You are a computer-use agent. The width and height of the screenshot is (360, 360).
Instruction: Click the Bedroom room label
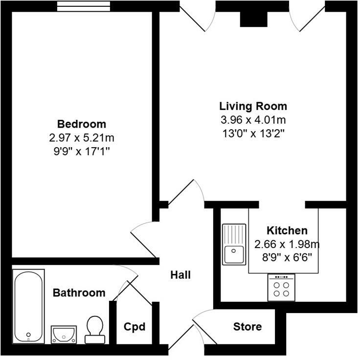[82, 124]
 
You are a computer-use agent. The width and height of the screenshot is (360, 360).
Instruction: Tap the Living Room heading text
[253, 106]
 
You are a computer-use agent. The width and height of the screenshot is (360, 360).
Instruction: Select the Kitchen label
[287, 230]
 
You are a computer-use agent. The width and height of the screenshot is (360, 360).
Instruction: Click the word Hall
[180, 275]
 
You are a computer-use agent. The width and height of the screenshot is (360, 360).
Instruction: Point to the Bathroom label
[79, 293]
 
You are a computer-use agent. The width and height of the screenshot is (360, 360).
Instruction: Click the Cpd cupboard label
[135, 327]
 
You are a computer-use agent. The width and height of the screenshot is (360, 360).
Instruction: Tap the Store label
[247, 327]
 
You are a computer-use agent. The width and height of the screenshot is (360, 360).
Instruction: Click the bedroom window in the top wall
[81, 6]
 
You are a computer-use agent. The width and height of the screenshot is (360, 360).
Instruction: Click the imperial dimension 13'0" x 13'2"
[253, 132]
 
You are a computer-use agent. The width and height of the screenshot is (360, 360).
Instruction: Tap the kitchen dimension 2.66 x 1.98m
[287, 243]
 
